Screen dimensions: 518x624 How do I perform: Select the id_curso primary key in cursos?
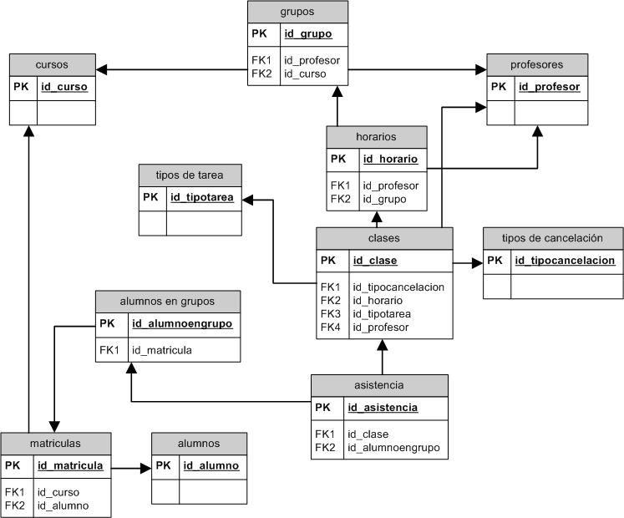[x=64, y=86]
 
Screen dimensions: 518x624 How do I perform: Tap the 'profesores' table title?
[x=536, y=64]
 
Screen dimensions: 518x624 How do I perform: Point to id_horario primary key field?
[x=389, y=159]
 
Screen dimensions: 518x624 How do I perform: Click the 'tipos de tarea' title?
[x=190, y=175]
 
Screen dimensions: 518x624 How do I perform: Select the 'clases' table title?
[x=383, y=238]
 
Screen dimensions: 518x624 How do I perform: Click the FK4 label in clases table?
[x=330, y=328]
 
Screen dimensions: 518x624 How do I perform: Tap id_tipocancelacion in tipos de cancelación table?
[x=565, y=261]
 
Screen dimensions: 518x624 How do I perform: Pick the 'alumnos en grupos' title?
[x=167, y=301]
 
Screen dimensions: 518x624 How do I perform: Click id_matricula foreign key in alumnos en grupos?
[x=161, y=350]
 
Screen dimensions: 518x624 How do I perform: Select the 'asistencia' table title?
[x=378, y=385]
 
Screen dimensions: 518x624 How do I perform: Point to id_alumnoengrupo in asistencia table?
[x=393, y=448]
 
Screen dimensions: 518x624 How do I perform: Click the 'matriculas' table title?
[x=55, y=443]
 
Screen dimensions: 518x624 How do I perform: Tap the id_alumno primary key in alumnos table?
[x=211, y=465]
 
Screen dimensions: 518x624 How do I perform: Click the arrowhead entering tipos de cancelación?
[x=477, y=262]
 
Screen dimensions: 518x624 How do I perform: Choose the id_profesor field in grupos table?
[x=312, y=60]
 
